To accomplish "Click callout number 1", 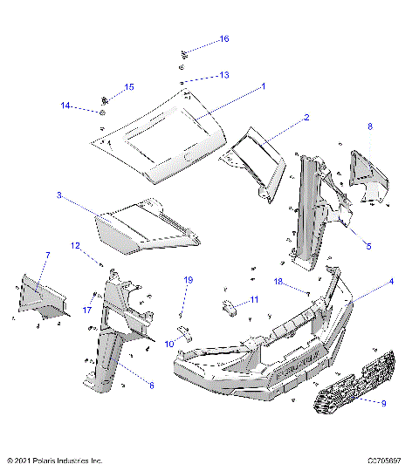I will point(264,86).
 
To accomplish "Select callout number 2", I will point(306,116).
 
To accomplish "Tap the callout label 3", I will point(58,196).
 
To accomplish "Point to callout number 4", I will point(391,282).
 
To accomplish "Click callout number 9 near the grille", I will point(382,402).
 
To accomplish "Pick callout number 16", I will point(224,39).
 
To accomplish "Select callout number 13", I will point(224,76).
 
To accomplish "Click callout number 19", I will point(187,280).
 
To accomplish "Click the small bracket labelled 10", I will point(186,331).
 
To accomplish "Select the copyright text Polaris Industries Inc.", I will point(54,460).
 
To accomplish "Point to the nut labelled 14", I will point(103,112).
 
